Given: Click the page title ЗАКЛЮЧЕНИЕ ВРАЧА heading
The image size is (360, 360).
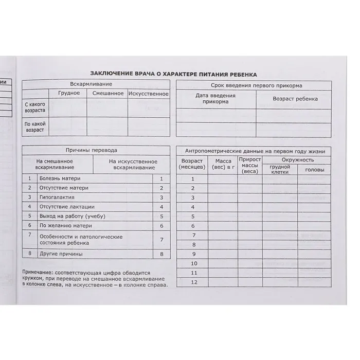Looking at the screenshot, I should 173,74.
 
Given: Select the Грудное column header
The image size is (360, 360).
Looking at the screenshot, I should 69,93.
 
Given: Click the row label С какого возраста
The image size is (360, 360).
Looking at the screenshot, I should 35,107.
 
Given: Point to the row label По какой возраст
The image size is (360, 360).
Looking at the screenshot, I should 35,127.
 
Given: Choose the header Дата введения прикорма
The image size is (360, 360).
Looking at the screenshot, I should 215,99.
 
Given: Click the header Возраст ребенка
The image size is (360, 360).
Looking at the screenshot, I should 295,99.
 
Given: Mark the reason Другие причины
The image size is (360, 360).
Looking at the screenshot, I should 61,254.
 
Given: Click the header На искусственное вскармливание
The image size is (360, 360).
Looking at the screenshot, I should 132,164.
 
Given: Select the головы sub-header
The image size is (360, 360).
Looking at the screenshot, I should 314,170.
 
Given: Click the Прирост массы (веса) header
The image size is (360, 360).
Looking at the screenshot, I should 250,165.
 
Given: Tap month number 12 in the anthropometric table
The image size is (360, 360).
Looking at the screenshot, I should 193,282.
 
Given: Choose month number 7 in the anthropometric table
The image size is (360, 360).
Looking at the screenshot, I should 193,235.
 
